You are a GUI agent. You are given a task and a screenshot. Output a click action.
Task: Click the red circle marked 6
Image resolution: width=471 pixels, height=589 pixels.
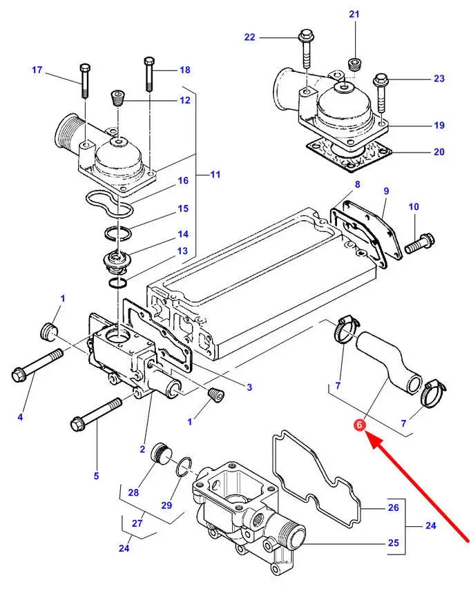[x=360, y=425]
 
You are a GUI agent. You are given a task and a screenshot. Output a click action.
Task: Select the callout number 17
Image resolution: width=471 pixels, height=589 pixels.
[x=37, y=70]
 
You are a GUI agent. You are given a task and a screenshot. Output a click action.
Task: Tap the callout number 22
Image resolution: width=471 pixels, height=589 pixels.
[x=250, y=37]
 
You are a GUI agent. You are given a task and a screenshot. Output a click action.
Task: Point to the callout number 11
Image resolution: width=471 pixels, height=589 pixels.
[x=215, y=174]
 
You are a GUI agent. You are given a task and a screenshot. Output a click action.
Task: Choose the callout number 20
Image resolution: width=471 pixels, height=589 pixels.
[x=439, y=152]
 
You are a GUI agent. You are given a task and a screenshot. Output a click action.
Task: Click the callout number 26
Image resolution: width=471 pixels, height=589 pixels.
[x=393, y=508]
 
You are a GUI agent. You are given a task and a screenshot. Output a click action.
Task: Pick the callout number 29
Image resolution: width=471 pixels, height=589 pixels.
[x=166, y=505]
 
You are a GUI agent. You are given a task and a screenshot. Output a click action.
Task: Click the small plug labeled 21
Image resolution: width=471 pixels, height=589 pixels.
[x=355, y=64]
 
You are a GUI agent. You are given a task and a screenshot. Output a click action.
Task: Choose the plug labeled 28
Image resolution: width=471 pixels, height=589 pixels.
[x=160, y=454]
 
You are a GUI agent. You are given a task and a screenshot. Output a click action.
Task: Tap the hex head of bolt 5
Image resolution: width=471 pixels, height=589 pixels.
[x=78, y=425]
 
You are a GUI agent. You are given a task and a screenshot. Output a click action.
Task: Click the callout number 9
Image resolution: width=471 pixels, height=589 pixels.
[x=387, y=191]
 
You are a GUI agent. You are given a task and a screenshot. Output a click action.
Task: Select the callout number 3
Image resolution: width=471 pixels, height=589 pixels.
[x=249, y=387]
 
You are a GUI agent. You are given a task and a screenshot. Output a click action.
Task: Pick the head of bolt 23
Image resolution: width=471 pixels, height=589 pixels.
[x=381, y=80]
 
